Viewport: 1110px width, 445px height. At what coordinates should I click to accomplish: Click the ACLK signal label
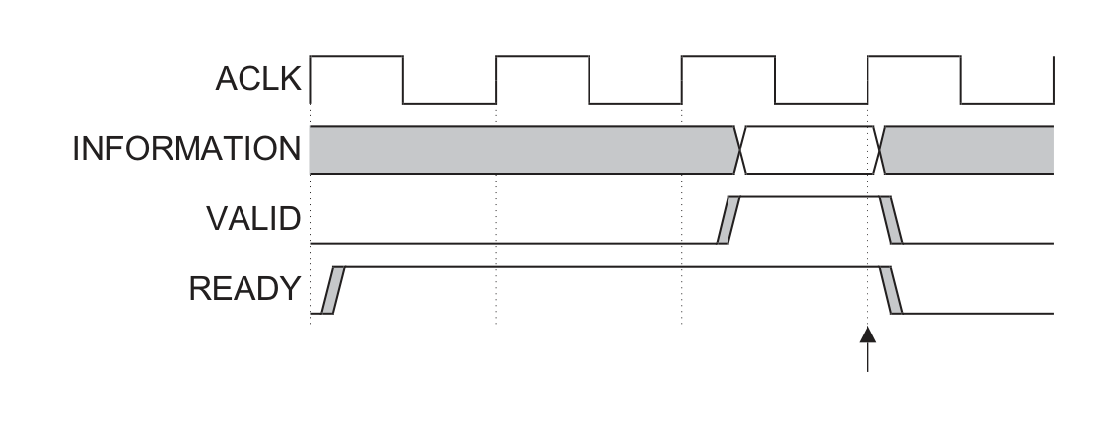258,79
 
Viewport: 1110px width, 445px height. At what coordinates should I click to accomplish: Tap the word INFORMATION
187,149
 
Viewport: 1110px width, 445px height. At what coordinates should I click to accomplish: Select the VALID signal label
253,219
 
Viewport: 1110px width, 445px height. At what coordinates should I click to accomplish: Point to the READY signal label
244,289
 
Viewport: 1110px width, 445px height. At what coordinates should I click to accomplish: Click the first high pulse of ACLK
357,56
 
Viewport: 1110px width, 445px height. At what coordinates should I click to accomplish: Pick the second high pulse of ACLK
542,56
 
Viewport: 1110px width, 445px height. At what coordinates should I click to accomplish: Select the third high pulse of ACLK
728,56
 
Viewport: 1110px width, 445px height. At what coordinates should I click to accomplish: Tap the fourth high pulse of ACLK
914,56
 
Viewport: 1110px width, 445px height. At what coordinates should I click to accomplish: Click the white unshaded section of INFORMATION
809,150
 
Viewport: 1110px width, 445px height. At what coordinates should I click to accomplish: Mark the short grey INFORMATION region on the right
967,150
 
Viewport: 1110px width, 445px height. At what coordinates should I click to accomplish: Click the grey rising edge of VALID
728,220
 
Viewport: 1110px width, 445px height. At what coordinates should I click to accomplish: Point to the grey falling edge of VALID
891,220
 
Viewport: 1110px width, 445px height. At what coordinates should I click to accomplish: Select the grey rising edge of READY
333,290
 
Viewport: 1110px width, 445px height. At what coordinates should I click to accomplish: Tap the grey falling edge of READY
891,290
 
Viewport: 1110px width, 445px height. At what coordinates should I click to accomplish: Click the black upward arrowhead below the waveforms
867,334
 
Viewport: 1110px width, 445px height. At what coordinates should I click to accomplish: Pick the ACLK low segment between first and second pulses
450,104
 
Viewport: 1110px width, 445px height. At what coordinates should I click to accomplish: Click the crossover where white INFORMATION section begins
740,150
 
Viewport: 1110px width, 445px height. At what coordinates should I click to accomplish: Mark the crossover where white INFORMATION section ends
878,150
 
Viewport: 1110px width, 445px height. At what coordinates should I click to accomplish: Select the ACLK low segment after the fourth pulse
1007,104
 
